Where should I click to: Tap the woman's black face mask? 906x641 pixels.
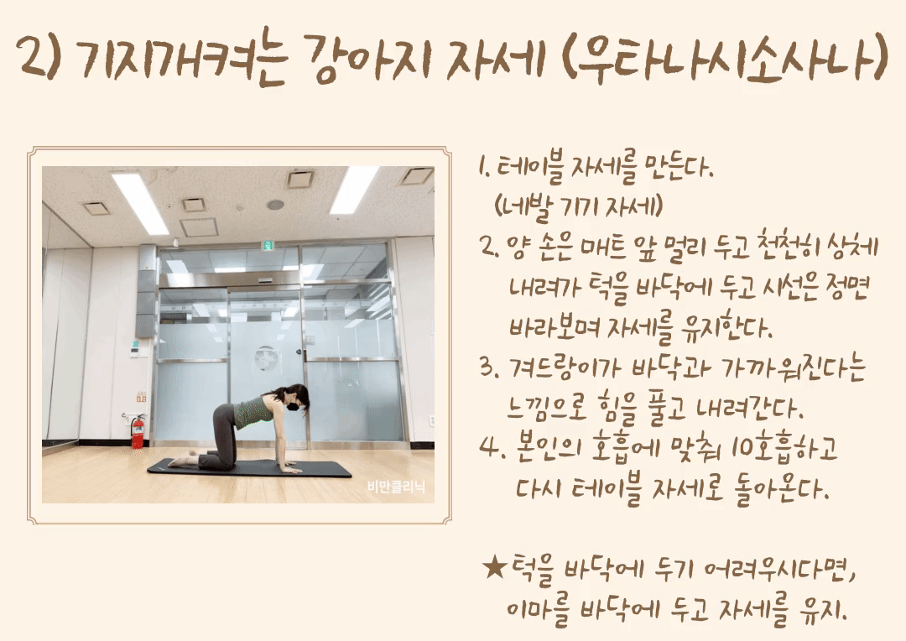[x=295, y=406]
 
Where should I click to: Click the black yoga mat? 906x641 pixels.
[x=249, y=467]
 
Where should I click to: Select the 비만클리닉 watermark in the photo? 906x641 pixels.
[x=396, y=487]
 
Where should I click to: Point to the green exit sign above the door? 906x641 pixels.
[x=268, y=245]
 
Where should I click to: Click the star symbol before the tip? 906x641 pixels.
[x=495, y=568]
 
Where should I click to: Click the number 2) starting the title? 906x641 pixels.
[x=38, y=58]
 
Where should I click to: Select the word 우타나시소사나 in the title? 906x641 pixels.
[x=725, y=58]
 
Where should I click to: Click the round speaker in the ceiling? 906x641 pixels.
[x=275, y=205]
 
